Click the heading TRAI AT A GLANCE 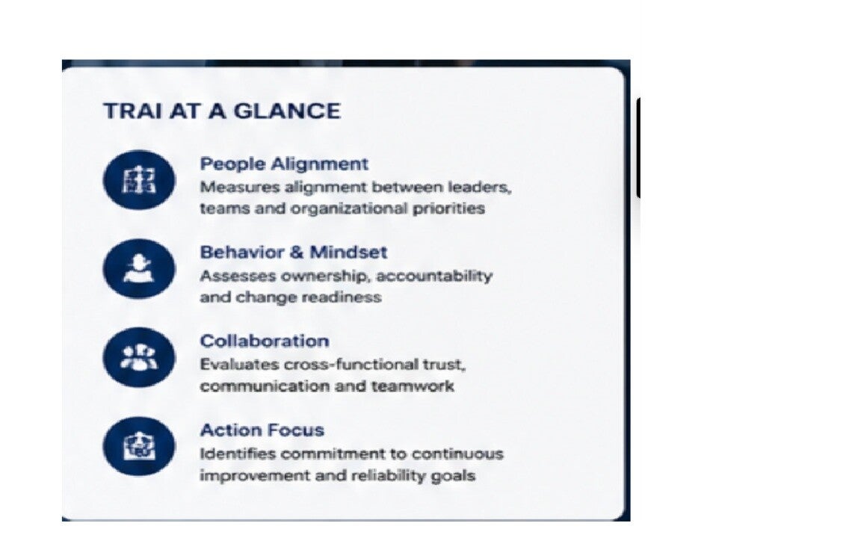(x=222, y=111)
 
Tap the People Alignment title (x=284, y=164)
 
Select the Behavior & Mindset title (x=293, y=252)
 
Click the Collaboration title (x=264, y=341)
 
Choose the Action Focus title (x=262, y=430)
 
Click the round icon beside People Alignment (x=139, y=180)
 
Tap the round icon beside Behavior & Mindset (x=139, y=268)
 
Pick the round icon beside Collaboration (x=139, y=357)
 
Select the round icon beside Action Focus (x=139, y=446)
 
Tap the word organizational (x=349, y=208)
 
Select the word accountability (x=433, y=276)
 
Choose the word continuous (x=457, y=454)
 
